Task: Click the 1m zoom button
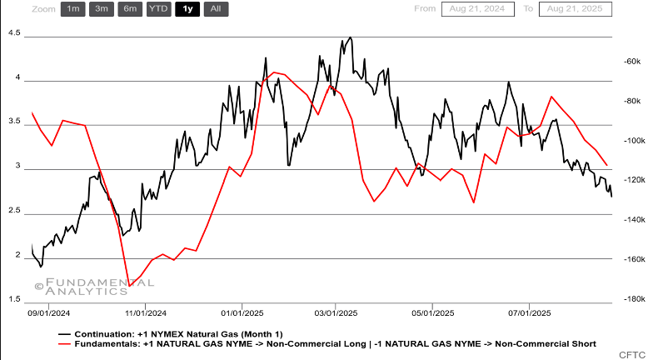(x=73, y=9)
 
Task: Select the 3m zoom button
(x=102, y=9)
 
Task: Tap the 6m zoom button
(x=130, y=9)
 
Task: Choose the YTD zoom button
(x=158, y=9)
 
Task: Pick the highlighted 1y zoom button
(x=187, y=9)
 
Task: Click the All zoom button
(x=216, y=9)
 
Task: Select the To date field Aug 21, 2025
(x=575, y=9)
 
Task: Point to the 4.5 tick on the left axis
(x=15, y=33)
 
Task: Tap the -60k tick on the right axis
(x=630, y=62)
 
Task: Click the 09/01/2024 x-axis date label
(x=49, y=314)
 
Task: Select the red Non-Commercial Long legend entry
(x=333, y=343)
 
